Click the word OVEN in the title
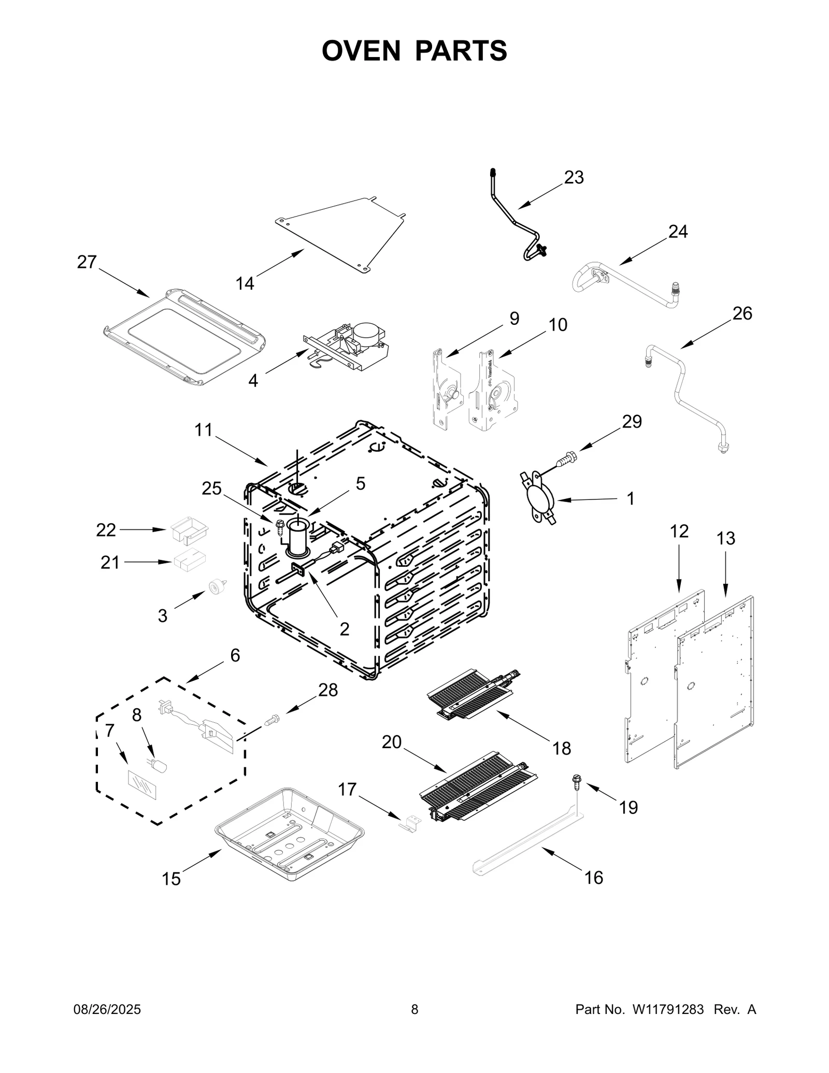pyautogui.click(x=361, y=51)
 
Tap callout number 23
pyautogui.click(x=574, y=178)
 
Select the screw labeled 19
pyautogui.click(x=576, y=793)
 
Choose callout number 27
pyautogui.click(x=87, y=262)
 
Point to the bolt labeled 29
pyautogui.click(x=568, y=459)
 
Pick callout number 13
pyautogui.click(x=725, y=539)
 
